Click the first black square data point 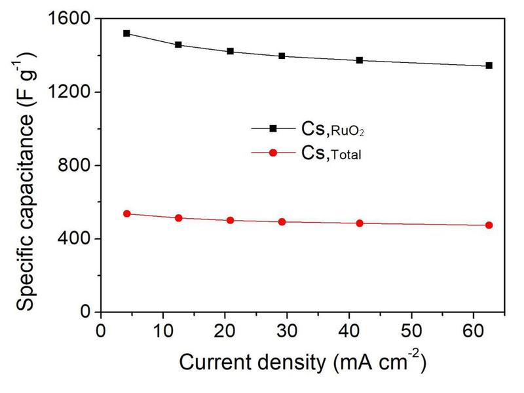coord(126,33)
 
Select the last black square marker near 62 coord(489,65)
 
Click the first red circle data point coord(126,214)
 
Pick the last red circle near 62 coord(489,225)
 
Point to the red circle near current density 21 coord(230,220)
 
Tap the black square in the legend coord(274,128)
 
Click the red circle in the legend coord(274,153)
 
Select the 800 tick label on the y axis coord(75,166)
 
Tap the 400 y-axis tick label coord(75,238)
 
